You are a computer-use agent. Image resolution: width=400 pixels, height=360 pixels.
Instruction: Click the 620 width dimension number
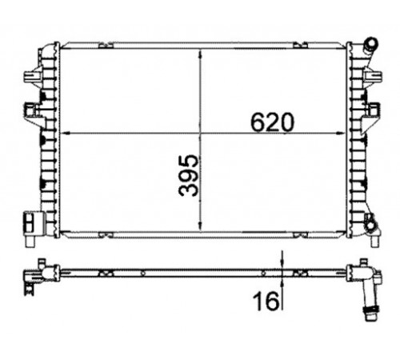pos(272,122)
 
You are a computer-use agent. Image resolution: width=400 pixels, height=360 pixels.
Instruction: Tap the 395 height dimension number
pos(189,176)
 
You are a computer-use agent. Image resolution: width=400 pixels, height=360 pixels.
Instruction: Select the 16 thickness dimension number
pos(266,301)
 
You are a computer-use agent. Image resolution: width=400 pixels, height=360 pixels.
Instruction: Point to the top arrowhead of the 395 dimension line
pos(201,54)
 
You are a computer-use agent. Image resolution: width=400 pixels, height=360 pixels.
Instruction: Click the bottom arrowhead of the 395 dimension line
pos(201,226)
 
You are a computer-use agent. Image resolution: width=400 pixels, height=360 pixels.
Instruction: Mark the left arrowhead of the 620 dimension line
pos(66,133)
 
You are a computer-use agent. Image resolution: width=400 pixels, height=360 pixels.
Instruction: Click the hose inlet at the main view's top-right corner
pos(370,45)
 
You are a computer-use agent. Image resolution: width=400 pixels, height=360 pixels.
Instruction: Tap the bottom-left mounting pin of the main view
pos(30,242)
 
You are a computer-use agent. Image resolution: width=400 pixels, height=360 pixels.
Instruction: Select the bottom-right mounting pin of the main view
pos(375,242)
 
